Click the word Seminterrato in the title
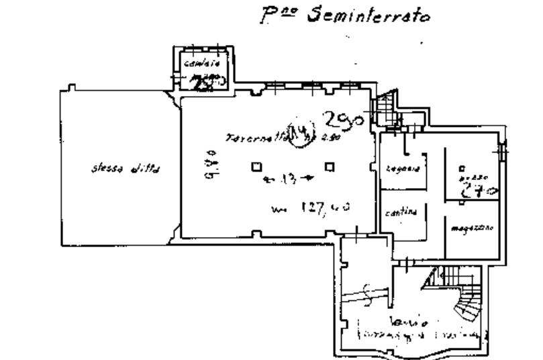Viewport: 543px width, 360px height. (368, 16)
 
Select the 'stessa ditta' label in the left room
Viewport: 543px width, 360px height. (126, 169)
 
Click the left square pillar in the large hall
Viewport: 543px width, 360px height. (256, 166)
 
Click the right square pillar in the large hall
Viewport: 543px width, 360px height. (329, 166)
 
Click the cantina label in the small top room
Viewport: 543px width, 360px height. (202, 64)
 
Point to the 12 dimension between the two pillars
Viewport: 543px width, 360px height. (289, 179)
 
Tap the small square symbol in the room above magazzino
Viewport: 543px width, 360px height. (460, 169)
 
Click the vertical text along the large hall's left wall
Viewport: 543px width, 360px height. (209, 164)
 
